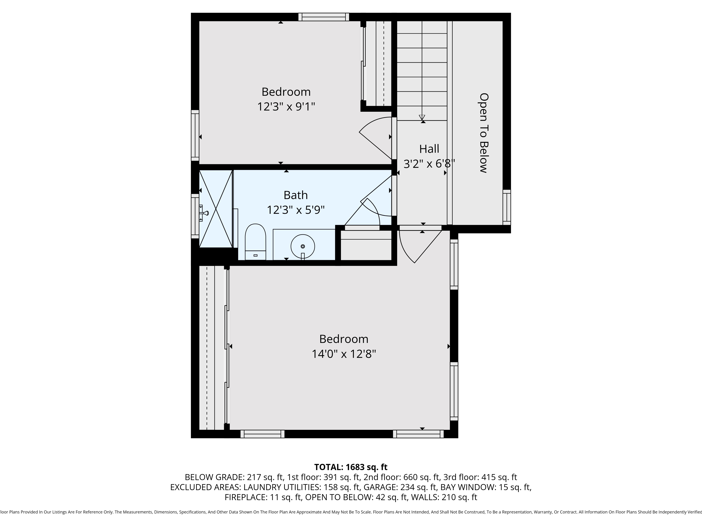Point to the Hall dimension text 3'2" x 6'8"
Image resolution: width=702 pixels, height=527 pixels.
click(429, 164)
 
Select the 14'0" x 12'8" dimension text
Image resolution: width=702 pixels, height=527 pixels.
click(344, 354)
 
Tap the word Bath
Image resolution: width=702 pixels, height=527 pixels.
click(296, 195)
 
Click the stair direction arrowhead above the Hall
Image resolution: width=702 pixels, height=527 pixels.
click(422, 117)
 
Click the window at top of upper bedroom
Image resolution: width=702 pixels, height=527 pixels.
click(323, 17)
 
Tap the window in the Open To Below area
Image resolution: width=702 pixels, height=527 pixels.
click(507, 207)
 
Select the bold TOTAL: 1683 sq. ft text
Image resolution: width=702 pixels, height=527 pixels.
click(351, 467)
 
